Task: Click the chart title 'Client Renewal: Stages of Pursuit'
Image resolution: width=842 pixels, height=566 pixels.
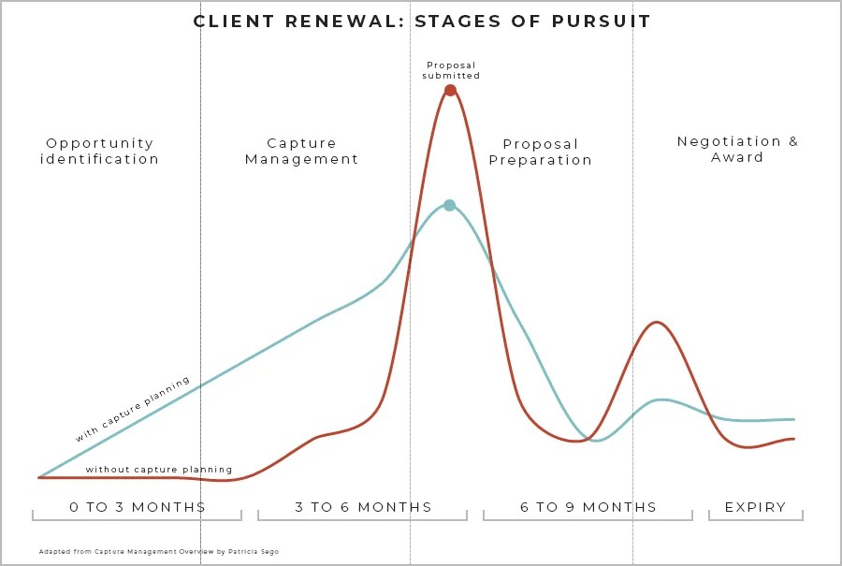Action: pos(422,21)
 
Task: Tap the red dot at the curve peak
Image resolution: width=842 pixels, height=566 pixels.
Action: pos(450,90)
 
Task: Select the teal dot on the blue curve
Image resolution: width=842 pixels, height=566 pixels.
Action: pos(449,205)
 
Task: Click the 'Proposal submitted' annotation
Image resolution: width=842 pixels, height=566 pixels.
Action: pos(451,70)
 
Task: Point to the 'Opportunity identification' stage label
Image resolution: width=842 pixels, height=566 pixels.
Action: pos(100,151)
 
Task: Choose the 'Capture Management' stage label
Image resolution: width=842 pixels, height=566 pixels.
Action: pos(301,151)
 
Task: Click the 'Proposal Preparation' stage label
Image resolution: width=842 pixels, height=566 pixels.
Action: pos(541,152)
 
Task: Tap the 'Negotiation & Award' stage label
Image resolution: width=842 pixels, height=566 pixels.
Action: pos(737,149)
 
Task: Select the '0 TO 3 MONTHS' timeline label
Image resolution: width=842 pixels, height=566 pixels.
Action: pos(137,507)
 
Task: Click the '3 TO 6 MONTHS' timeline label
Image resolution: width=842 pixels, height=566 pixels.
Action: pos(363,507)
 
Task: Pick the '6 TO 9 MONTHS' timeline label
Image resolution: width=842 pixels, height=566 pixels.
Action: pos(588,507)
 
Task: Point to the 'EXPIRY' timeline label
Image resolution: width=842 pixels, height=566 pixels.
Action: pos(755,507)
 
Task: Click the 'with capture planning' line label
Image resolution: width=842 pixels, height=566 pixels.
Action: pos(133,409)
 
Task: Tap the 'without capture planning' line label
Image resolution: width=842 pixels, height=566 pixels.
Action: pos(159,470)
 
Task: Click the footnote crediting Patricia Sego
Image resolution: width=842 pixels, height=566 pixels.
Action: pos(158,552)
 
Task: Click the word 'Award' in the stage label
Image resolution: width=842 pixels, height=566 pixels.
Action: pos(737,157)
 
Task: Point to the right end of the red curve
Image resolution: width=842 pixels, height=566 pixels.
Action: pos(794,438)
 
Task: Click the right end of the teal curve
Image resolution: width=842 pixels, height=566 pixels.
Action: pos(794,419)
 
